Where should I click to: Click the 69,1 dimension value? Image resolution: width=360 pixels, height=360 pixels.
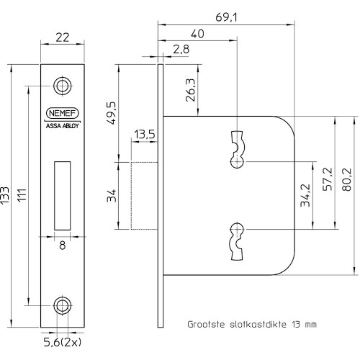226,17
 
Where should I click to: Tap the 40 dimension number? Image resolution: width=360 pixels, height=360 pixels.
197,34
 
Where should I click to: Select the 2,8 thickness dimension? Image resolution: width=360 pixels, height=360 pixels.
181,49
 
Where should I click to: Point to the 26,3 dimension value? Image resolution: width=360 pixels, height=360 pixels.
191,90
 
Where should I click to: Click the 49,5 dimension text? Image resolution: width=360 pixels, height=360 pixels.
112,113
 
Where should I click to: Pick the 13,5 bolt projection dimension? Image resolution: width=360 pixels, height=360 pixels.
144,135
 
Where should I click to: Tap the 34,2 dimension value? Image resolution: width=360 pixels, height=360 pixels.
305,195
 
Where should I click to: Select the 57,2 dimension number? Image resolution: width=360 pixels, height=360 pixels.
328,179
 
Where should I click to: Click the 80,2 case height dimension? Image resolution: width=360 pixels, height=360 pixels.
346,179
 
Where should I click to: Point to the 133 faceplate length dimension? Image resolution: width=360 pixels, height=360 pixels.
4,196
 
